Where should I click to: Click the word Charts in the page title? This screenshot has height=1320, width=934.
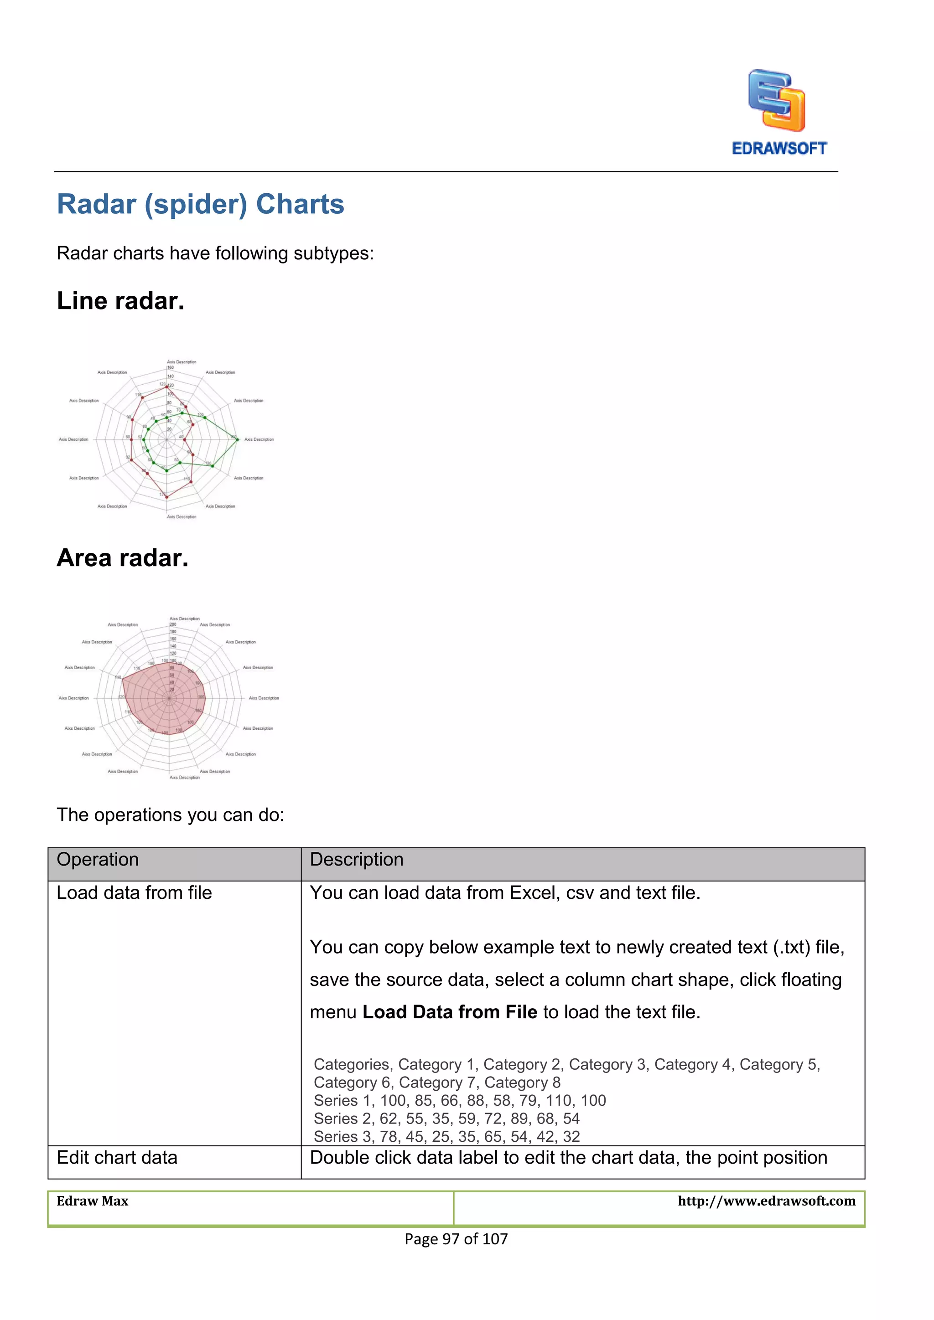click(300, 204)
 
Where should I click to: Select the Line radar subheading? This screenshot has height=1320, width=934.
click(121, 301)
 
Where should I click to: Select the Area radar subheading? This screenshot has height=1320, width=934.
click(123, 557)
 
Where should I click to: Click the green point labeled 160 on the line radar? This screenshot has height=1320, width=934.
click(237, 440)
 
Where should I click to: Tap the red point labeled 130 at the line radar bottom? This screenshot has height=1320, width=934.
click(167, 496)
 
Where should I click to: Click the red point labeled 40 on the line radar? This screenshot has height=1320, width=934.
click(185, 440)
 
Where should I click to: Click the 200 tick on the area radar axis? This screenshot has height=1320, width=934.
click(172, 624)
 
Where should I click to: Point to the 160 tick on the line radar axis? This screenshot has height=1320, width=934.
click(170, 367)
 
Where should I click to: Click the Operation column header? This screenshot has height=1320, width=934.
click(98, 860)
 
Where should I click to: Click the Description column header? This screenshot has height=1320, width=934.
click(357, 860)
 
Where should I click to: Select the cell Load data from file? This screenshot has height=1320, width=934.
click(134, 893)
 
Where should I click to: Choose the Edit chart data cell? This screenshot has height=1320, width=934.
click(117, 1157)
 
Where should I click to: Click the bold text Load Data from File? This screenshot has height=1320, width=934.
click(450, 1012)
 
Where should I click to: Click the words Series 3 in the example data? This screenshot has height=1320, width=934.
click(335, 1137)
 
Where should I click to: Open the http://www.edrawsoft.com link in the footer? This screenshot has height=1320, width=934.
click(766, 1201)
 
